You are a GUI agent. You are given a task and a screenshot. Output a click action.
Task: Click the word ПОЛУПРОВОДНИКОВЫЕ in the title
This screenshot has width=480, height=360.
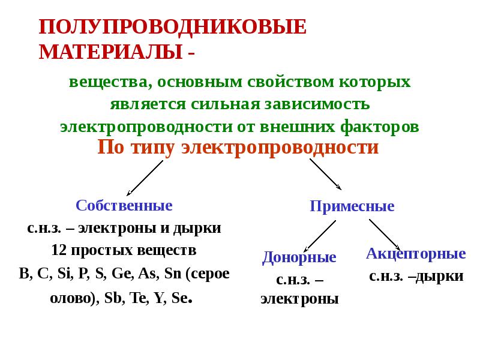tap(173, 28)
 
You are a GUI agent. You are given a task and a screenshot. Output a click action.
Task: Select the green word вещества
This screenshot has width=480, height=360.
tap(104, 82)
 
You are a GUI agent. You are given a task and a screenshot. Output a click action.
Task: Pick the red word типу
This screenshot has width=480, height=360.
tap(151, 148)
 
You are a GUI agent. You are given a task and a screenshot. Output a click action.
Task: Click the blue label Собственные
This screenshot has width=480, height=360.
tap(124, 206)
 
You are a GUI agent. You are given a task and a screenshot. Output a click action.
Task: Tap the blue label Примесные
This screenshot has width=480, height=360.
tap(352, 206)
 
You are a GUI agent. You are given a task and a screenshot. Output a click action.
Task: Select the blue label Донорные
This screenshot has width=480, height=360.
tap(299, 258)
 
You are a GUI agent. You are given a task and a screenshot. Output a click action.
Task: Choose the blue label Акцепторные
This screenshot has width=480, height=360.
tap(416, 253)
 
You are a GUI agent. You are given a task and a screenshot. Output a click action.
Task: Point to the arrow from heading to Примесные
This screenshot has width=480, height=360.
tap(325, 175)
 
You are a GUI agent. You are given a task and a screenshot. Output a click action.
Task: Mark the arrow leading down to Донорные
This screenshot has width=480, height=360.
tap(319, 235)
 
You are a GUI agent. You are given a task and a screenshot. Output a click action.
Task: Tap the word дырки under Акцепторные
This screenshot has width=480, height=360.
tap(441, 277)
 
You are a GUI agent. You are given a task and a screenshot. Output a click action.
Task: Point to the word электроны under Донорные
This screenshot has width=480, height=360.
tap(299, 299)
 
